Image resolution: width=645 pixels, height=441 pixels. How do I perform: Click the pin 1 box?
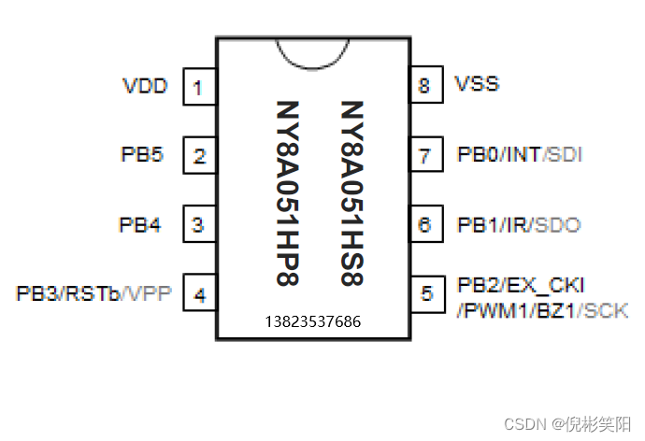(198, 88)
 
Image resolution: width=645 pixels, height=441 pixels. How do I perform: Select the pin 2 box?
(198, 156)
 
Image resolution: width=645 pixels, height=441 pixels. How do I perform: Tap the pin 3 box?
(198, 225)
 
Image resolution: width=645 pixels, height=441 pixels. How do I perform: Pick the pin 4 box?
(198, 294)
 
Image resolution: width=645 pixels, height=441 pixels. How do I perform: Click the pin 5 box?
(426, 294)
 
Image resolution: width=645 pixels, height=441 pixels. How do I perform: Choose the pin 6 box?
(425, 225)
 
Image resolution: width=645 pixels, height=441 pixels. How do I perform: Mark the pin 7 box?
(425, 156)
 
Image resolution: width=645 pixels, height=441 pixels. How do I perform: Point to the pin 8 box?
(425, 86)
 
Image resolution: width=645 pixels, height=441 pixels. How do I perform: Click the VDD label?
(145, 86)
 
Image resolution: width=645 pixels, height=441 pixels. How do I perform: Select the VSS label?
(477, 84)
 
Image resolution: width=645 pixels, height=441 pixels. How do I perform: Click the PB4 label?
(140, 224)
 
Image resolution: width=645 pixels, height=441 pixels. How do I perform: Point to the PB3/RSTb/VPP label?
(94, 293)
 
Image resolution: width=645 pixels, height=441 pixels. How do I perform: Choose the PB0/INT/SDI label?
(519, 154)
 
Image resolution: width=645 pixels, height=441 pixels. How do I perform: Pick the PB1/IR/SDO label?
(518, 224)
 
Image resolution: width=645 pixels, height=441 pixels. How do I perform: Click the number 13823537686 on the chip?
(312, 321)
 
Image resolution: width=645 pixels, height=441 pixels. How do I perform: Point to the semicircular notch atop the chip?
(311, 51)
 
